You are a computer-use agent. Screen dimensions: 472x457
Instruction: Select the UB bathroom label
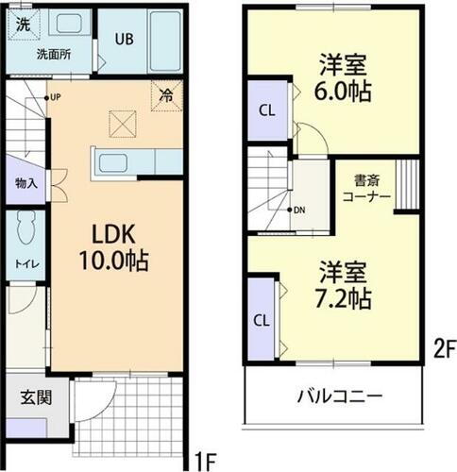click(125, 40)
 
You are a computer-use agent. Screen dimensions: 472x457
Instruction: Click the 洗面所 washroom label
click(54, 55)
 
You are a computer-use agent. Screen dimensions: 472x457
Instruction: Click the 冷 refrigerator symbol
click(166, 95)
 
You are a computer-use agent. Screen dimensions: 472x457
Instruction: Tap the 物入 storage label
click(25, 183)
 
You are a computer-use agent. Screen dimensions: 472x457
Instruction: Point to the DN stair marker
click(300, 210)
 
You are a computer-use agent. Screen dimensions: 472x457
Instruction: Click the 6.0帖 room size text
click(343, 92)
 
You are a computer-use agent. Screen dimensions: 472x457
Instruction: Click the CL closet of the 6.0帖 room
click(267, 110)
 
